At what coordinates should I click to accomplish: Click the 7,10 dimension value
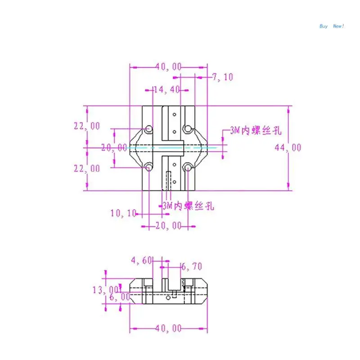point(223,77)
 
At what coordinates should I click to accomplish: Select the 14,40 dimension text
point(166,90)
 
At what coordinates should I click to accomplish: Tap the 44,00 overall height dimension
point(288,148)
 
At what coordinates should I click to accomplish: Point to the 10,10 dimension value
point(123,214)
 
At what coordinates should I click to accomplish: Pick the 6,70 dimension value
point(191,267)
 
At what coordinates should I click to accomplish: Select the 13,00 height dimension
point(106,290)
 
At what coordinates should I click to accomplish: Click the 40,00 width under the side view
point(169,328)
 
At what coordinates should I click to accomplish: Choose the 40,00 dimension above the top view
point(169,67)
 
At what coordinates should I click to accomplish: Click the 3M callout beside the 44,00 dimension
point(255,131)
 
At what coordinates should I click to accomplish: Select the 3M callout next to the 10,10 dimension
point(188,206)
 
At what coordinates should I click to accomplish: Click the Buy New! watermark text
point(332,26)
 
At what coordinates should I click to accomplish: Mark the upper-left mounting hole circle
point(148,130)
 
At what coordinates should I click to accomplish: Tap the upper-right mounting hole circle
point(188,130)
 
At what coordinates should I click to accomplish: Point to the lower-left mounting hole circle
point(148,168)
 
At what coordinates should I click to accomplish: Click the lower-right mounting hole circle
point(188,168)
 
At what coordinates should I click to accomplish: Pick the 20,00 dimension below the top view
point(168,225)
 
